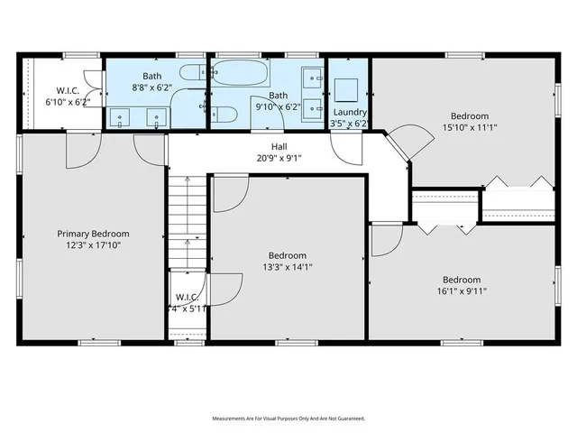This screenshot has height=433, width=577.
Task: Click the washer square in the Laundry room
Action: pos(347,88)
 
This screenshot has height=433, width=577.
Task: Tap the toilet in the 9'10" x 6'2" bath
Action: pos(225,114)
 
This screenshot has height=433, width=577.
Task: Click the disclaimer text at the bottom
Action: pos(288,419)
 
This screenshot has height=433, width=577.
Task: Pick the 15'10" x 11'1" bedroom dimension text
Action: pos(470,127)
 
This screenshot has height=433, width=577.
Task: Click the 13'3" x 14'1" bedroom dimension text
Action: pos(288,267)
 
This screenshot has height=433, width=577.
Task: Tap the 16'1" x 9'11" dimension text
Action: pos(461,291)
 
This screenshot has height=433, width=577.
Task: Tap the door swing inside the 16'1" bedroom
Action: pos(386,239)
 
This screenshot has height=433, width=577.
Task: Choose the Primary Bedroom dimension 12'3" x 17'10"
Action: pos(94,245)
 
